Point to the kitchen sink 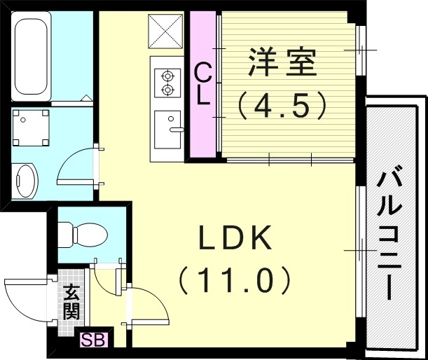[167, 130]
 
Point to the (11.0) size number [234, 282]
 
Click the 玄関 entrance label [71, 302]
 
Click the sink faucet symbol [175, 130]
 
